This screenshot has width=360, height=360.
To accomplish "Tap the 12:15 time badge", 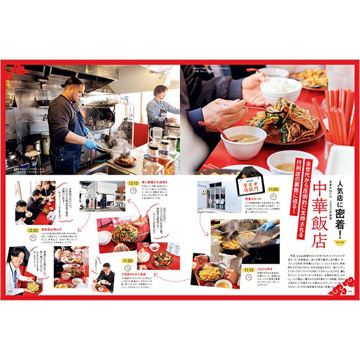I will [x=134, y=183].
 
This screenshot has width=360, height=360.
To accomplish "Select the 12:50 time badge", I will [x=33, y=230].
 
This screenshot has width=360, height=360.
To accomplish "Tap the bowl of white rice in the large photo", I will [x=281, y=89].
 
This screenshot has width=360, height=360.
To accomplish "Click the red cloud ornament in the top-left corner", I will [x=19, y=69].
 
